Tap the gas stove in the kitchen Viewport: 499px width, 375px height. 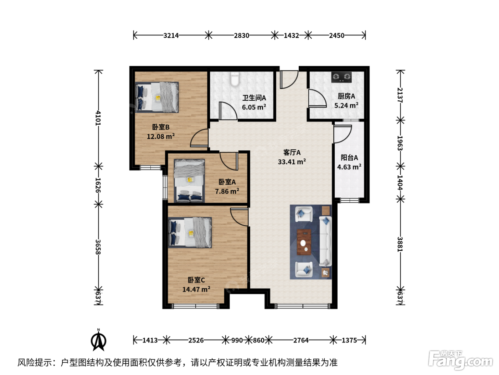pyautogui.click(x=341, y=77)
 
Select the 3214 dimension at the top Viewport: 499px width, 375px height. pyautogui.click(x=171, y=35)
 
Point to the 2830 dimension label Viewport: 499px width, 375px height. pyautogui.click(x=242, y=35)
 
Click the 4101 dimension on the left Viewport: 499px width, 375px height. pyautogui.click(x=98, y=118)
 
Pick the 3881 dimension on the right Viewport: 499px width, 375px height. pyautogui.click(x=400, y=244)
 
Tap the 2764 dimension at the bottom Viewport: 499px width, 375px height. pyautogui.click(x=301, y=340)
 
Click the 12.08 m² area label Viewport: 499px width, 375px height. pyautogui.click(x=161, y=136)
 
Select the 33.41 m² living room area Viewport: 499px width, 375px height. pyautogui.click(x=292, y=162)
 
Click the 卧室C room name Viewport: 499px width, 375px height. pyautogui.click(x=196, y=280)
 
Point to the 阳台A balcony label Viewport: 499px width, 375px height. pyautogui.click(x=349, y=157)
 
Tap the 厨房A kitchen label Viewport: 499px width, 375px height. pyautogui.click(x=346, y=96)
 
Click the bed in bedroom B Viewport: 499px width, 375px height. pyautogui.click(x=157, y=97)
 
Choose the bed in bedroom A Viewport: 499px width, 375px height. pyautogui.click(x=189, y=181)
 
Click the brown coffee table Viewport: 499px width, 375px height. pyautogui.click(x=304, y=242)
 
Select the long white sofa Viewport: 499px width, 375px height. pyautogui.click(x=325, y=241)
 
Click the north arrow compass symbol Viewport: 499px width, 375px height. pyautogui.click(x=98, y=340)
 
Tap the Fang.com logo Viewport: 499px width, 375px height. pyautogui.click(x=461, y=361)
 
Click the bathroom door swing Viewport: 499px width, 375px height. pyautogui.click(x=228, y=111)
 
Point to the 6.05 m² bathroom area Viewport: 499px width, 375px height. pyautogui.click(x=254, y=107)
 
